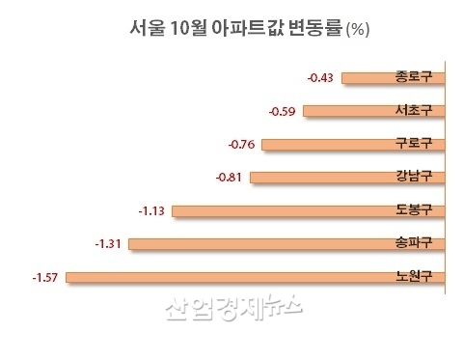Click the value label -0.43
[x=319, y=78]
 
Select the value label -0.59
[x=286, y=111]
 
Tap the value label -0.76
[x=241, y=145]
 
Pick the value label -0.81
[x=235, y=178]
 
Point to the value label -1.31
[x=110, y=244]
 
